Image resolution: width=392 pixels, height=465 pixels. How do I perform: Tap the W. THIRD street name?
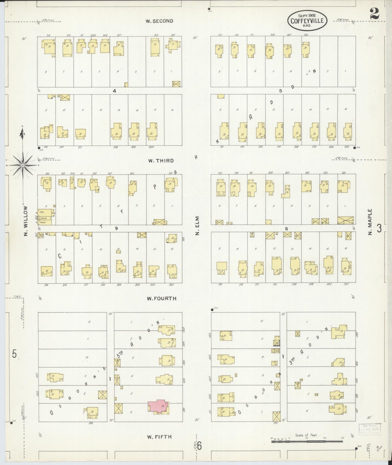tap(161, 161)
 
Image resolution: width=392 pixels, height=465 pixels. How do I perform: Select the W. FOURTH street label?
tap(161, 298)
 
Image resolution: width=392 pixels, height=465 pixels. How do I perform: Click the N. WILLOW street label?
tap(26, 221)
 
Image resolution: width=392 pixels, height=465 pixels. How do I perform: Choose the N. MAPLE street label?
tap(370, 222)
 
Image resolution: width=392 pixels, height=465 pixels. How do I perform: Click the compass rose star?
tap(23, 165)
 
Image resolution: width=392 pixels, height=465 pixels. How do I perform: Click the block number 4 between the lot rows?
tap(114, 91)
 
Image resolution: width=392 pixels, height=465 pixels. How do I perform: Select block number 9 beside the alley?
tap(116, 228)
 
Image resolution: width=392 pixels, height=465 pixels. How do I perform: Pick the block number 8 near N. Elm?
tap(286, 228)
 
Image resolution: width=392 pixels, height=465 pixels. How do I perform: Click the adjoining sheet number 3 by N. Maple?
tap(379, 228)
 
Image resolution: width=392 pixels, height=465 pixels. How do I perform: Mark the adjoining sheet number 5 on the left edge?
tap(14, 354)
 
